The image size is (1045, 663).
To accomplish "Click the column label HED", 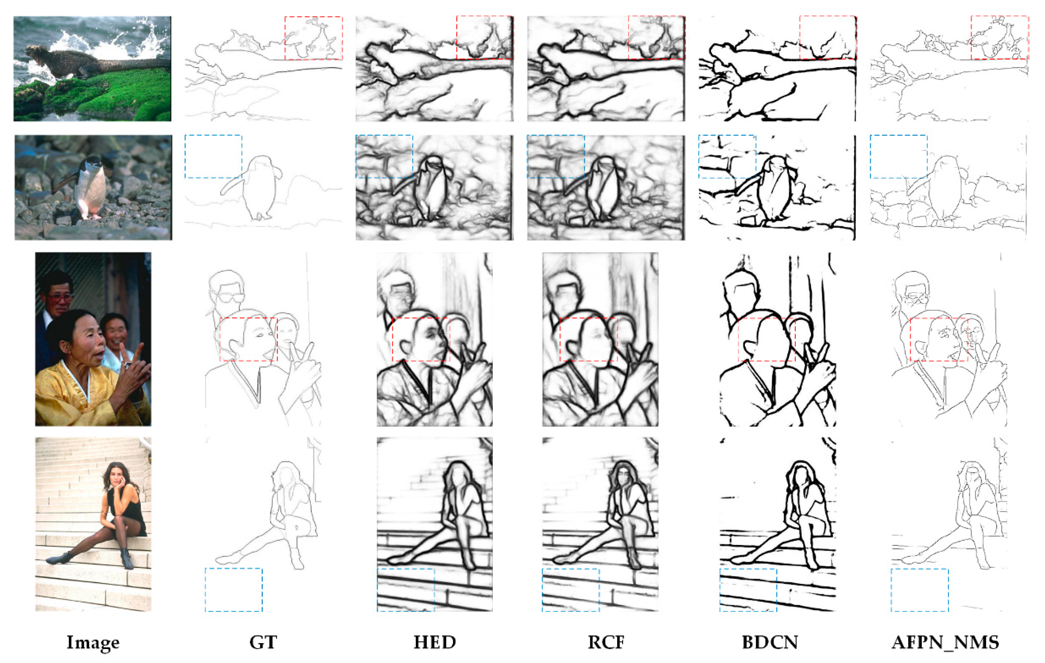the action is point(435,642).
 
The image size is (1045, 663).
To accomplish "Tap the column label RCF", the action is point(606,642).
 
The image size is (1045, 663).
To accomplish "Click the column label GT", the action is point(263,642).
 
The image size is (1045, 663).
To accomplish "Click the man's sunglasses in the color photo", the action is point(61,298).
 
